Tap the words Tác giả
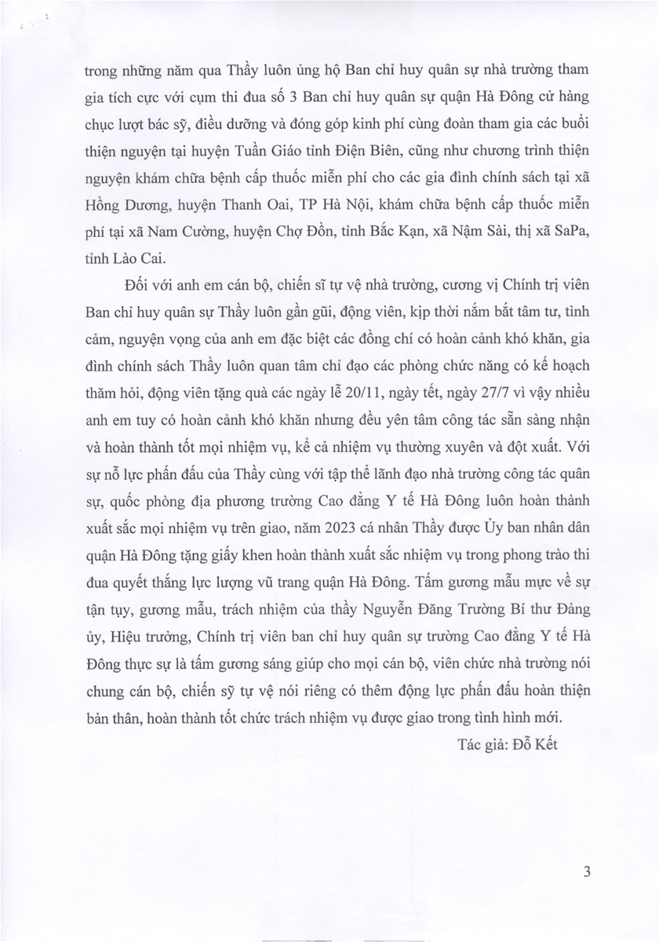tap(482, 744)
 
